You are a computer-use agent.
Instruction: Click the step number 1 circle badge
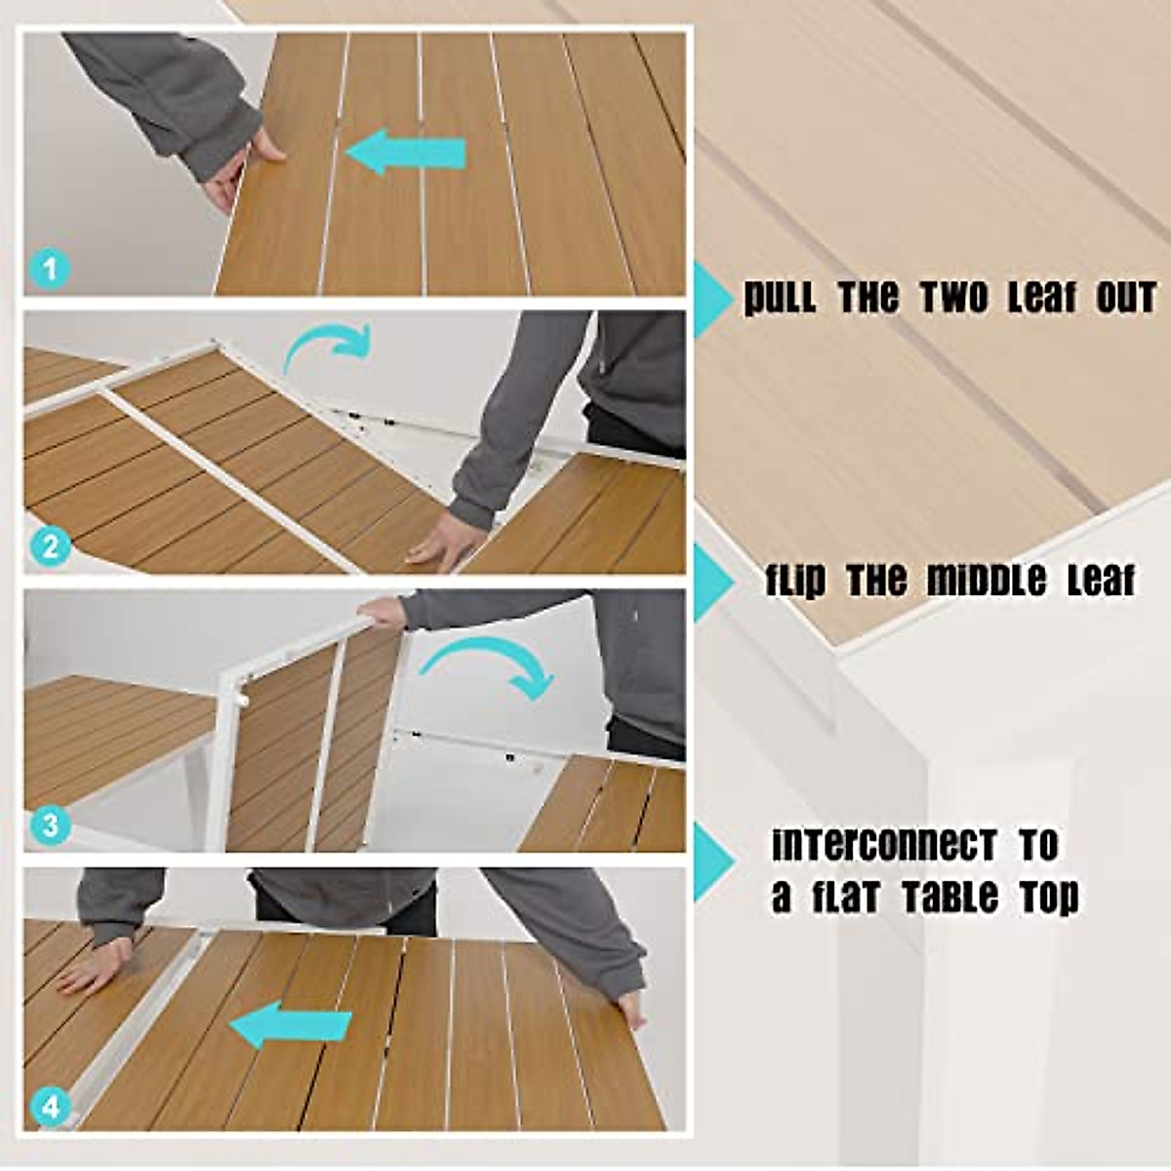point(50,267)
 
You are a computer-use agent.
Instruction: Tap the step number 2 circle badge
point(50,546)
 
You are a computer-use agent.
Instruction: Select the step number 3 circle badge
point(50,826)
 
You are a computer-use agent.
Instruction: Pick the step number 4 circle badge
point(50,1107)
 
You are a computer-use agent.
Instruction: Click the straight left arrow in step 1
point(405,154)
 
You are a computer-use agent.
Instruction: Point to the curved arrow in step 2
point(328,346)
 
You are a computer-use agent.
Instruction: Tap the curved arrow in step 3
point(488,669)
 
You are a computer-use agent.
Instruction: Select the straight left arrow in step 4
point(291,1027)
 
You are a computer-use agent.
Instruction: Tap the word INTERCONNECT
point(884,845)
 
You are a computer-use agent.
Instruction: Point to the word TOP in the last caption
point(1049,896)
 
